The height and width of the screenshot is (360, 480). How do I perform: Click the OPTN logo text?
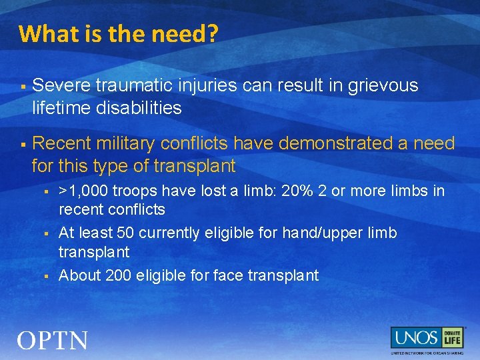click(x=53, y=341)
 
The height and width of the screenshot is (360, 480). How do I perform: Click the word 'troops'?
click(x=133, y=191)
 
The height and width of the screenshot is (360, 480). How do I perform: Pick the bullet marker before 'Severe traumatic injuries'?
click(x=23, y=87)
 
